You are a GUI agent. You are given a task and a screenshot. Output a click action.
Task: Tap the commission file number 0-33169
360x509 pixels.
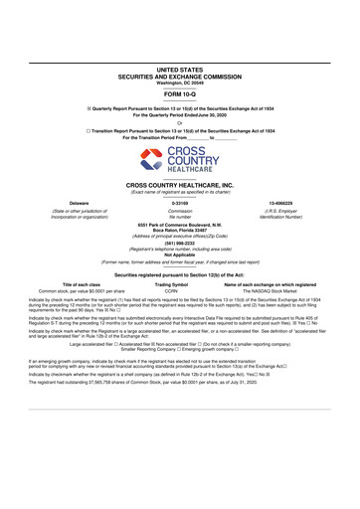point(179,202)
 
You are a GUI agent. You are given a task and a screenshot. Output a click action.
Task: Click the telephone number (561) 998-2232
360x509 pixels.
point(179,245)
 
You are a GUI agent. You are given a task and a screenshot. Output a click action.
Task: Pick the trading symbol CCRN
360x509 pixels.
point(171,290)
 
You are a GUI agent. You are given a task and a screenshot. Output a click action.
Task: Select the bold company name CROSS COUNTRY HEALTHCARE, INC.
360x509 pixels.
point(179,186)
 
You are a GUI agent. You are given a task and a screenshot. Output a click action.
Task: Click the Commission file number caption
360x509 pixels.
point(179,214)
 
